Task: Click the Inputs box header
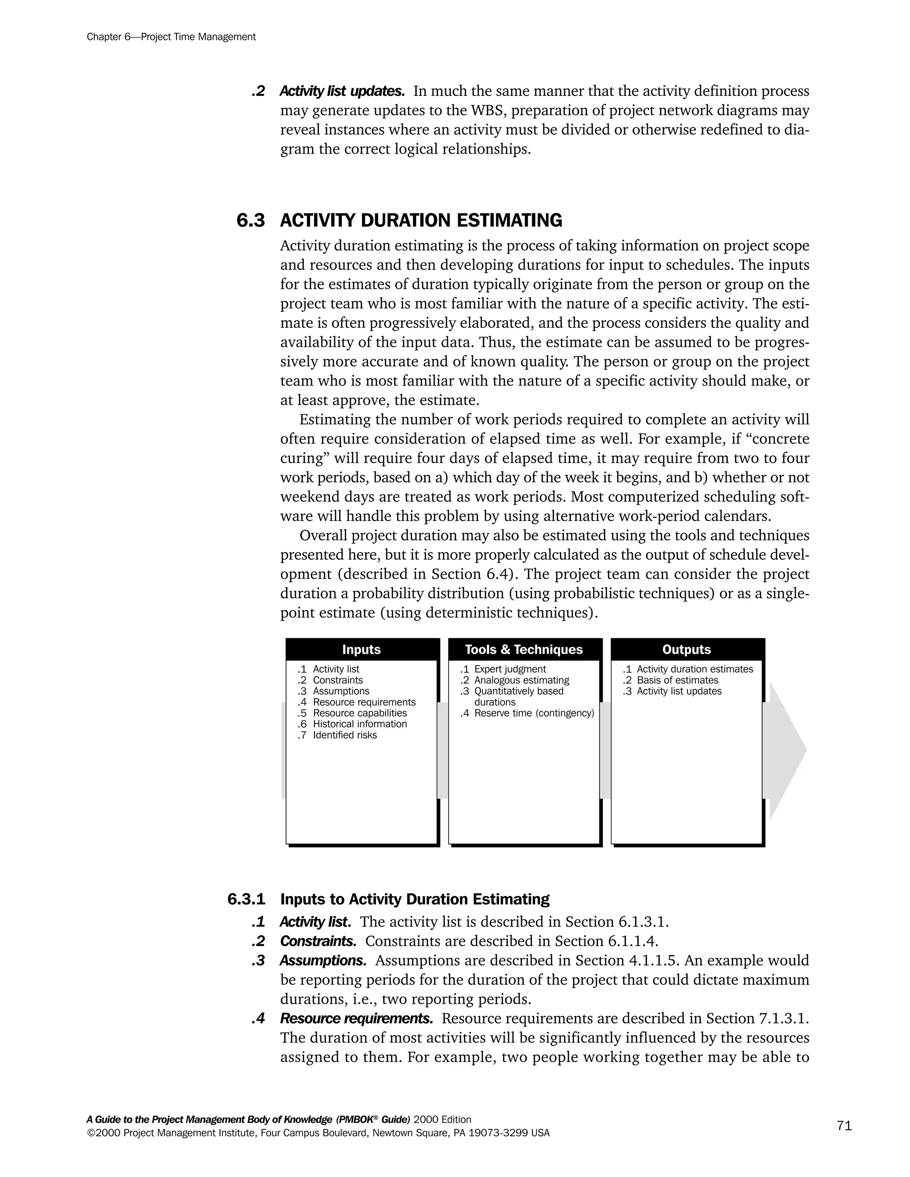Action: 361,649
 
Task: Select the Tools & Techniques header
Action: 524,649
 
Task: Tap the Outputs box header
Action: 686,649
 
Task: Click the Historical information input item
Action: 359,724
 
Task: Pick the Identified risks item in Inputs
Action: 344,735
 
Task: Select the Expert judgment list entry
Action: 510,669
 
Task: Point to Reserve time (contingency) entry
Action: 534,713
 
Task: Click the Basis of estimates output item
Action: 677,680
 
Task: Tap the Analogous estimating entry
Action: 521,680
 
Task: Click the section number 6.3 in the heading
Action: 251,220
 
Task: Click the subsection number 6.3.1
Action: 246,899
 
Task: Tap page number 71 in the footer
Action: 844,1125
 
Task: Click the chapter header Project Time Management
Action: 171,37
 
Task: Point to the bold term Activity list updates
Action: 342,91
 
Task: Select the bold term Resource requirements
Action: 356,1018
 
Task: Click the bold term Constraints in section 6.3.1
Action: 318,941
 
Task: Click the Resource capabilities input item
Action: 359,713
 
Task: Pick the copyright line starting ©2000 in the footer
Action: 318,1133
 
